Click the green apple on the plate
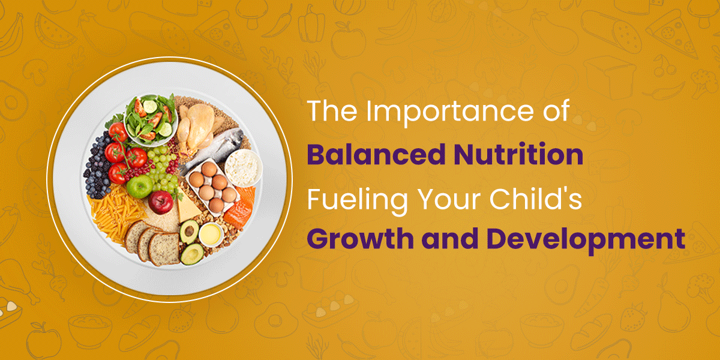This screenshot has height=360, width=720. (139, 186)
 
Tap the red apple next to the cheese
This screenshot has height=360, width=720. (160, 202)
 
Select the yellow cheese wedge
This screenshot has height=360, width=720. (187, 206)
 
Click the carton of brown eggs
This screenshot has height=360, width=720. (213, 187)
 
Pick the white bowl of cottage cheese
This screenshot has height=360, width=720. (244, 168)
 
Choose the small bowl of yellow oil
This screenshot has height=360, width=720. (211, 235)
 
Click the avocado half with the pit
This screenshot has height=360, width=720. (190, 231)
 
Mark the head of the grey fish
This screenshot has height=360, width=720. (234, 137)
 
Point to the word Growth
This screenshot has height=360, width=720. (361, 239)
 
